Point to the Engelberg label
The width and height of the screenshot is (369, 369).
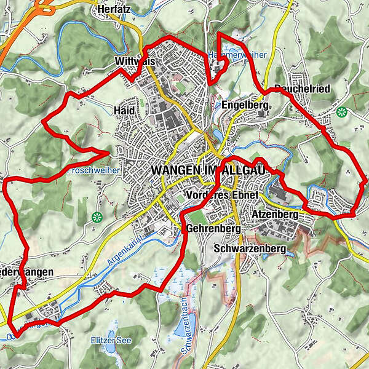[245, 105]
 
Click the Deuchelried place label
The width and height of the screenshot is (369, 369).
[302, 89]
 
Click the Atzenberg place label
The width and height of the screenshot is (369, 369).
[275, 215]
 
